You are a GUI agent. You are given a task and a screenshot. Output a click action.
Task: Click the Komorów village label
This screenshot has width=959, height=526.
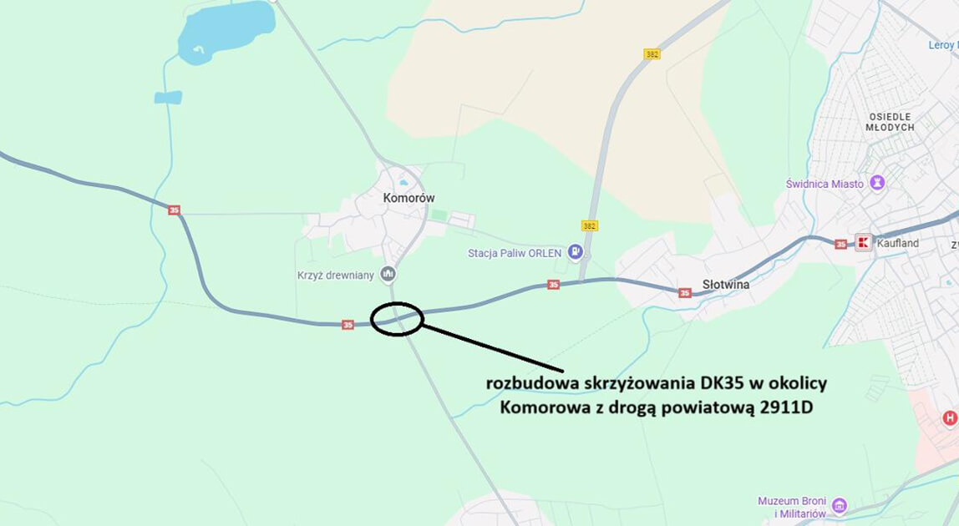point(408,198)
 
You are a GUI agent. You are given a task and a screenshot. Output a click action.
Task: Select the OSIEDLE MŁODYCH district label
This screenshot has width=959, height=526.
point(890,122)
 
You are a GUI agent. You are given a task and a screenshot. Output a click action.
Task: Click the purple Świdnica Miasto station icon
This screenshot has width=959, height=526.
point(877,182)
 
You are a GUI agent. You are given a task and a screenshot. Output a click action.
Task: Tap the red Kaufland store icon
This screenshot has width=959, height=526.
point(864,243)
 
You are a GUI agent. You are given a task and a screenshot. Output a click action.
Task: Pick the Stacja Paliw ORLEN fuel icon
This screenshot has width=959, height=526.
point(575,251)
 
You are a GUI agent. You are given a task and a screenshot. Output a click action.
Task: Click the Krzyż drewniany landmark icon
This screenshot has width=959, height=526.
point(388,273)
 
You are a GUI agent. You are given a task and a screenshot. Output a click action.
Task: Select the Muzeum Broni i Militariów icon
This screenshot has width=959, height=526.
point(840,506)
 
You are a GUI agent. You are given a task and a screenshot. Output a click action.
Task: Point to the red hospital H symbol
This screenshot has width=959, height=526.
point(949,417)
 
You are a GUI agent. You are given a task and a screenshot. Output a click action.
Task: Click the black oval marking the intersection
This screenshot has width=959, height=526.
point(396,319)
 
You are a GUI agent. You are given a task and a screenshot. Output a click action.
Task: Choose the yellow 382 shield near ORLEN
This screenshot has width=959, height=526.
point(590,225)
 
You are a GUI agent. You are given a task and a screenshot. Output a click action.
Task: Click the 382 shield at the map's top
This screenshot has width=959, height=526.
point(652,54)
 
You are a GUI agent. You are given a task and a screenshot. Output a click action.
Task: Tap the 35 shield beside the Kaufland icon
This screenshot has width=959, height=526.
point(840,244)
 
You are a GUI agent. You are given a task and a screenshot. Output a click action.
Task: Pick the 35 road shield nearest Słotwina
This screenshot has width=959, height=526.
point(685,293)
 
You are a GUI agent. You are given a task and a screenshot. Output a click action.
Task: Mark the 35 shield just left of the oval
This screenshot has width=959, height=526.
point(348,325)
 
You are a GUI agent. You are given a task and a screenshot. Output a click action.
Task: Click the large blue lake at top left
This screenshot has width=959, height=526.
point(226,29)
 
